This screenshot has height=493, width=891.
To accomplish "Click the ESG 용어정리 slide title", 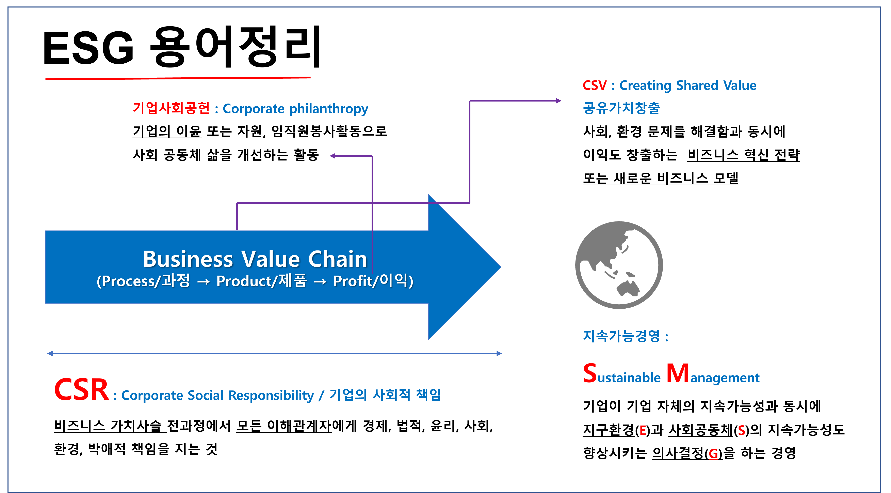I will click(x=182, y=47).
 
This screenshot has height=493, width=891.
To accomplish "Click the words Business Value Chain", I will click(x=255, y=259).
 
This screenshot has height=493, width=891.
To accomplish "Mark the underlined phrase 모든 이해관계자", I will click(x=284, y=426).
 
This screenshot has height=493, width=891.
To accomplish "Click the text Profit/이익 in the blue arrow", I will click(x=373, y=281).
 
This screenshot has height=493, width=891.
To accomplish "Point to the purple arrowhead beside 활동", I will click(x=333, y=156).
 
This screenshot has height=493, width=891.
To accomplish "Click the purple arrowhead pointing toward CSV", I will click(x=558, y=101).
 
